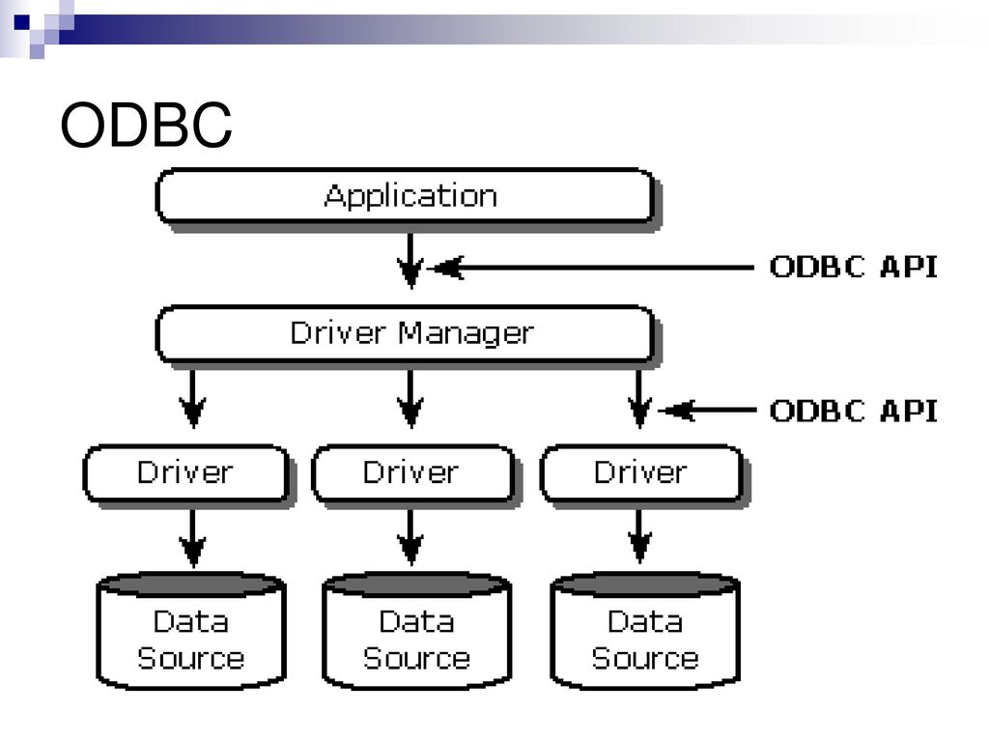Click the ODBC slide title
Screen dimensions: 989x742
pos(146,125)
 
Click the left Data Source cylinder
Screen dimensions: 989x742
pos(191,630)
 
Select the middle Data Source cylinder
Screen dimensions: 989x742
pos(417,630)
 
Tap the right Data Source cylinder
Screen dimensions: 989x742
pos(645,630)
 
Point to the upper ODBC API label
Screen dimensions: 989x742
pos(854,267)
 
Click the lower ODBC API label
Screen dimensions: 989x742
pos(854,411)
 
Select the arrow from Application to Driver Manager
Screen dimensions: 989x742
pos(410,261)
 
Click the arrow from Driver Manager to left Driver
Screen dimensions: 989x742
pos(192,399)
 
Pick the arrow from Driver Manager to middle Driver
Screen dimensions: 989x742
pos(410,399)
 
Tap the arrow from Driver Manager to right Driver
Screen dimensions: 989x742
pos(639,399)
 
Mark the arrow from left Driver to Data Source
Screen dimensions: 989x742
pos(192,538)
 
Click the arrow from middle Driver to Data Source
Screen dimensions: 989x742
pos(410,537)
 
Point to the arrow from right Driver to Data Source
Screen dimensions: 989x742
pos(639,536)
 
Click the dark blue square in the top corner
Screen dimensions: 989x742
pos(22,23)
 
